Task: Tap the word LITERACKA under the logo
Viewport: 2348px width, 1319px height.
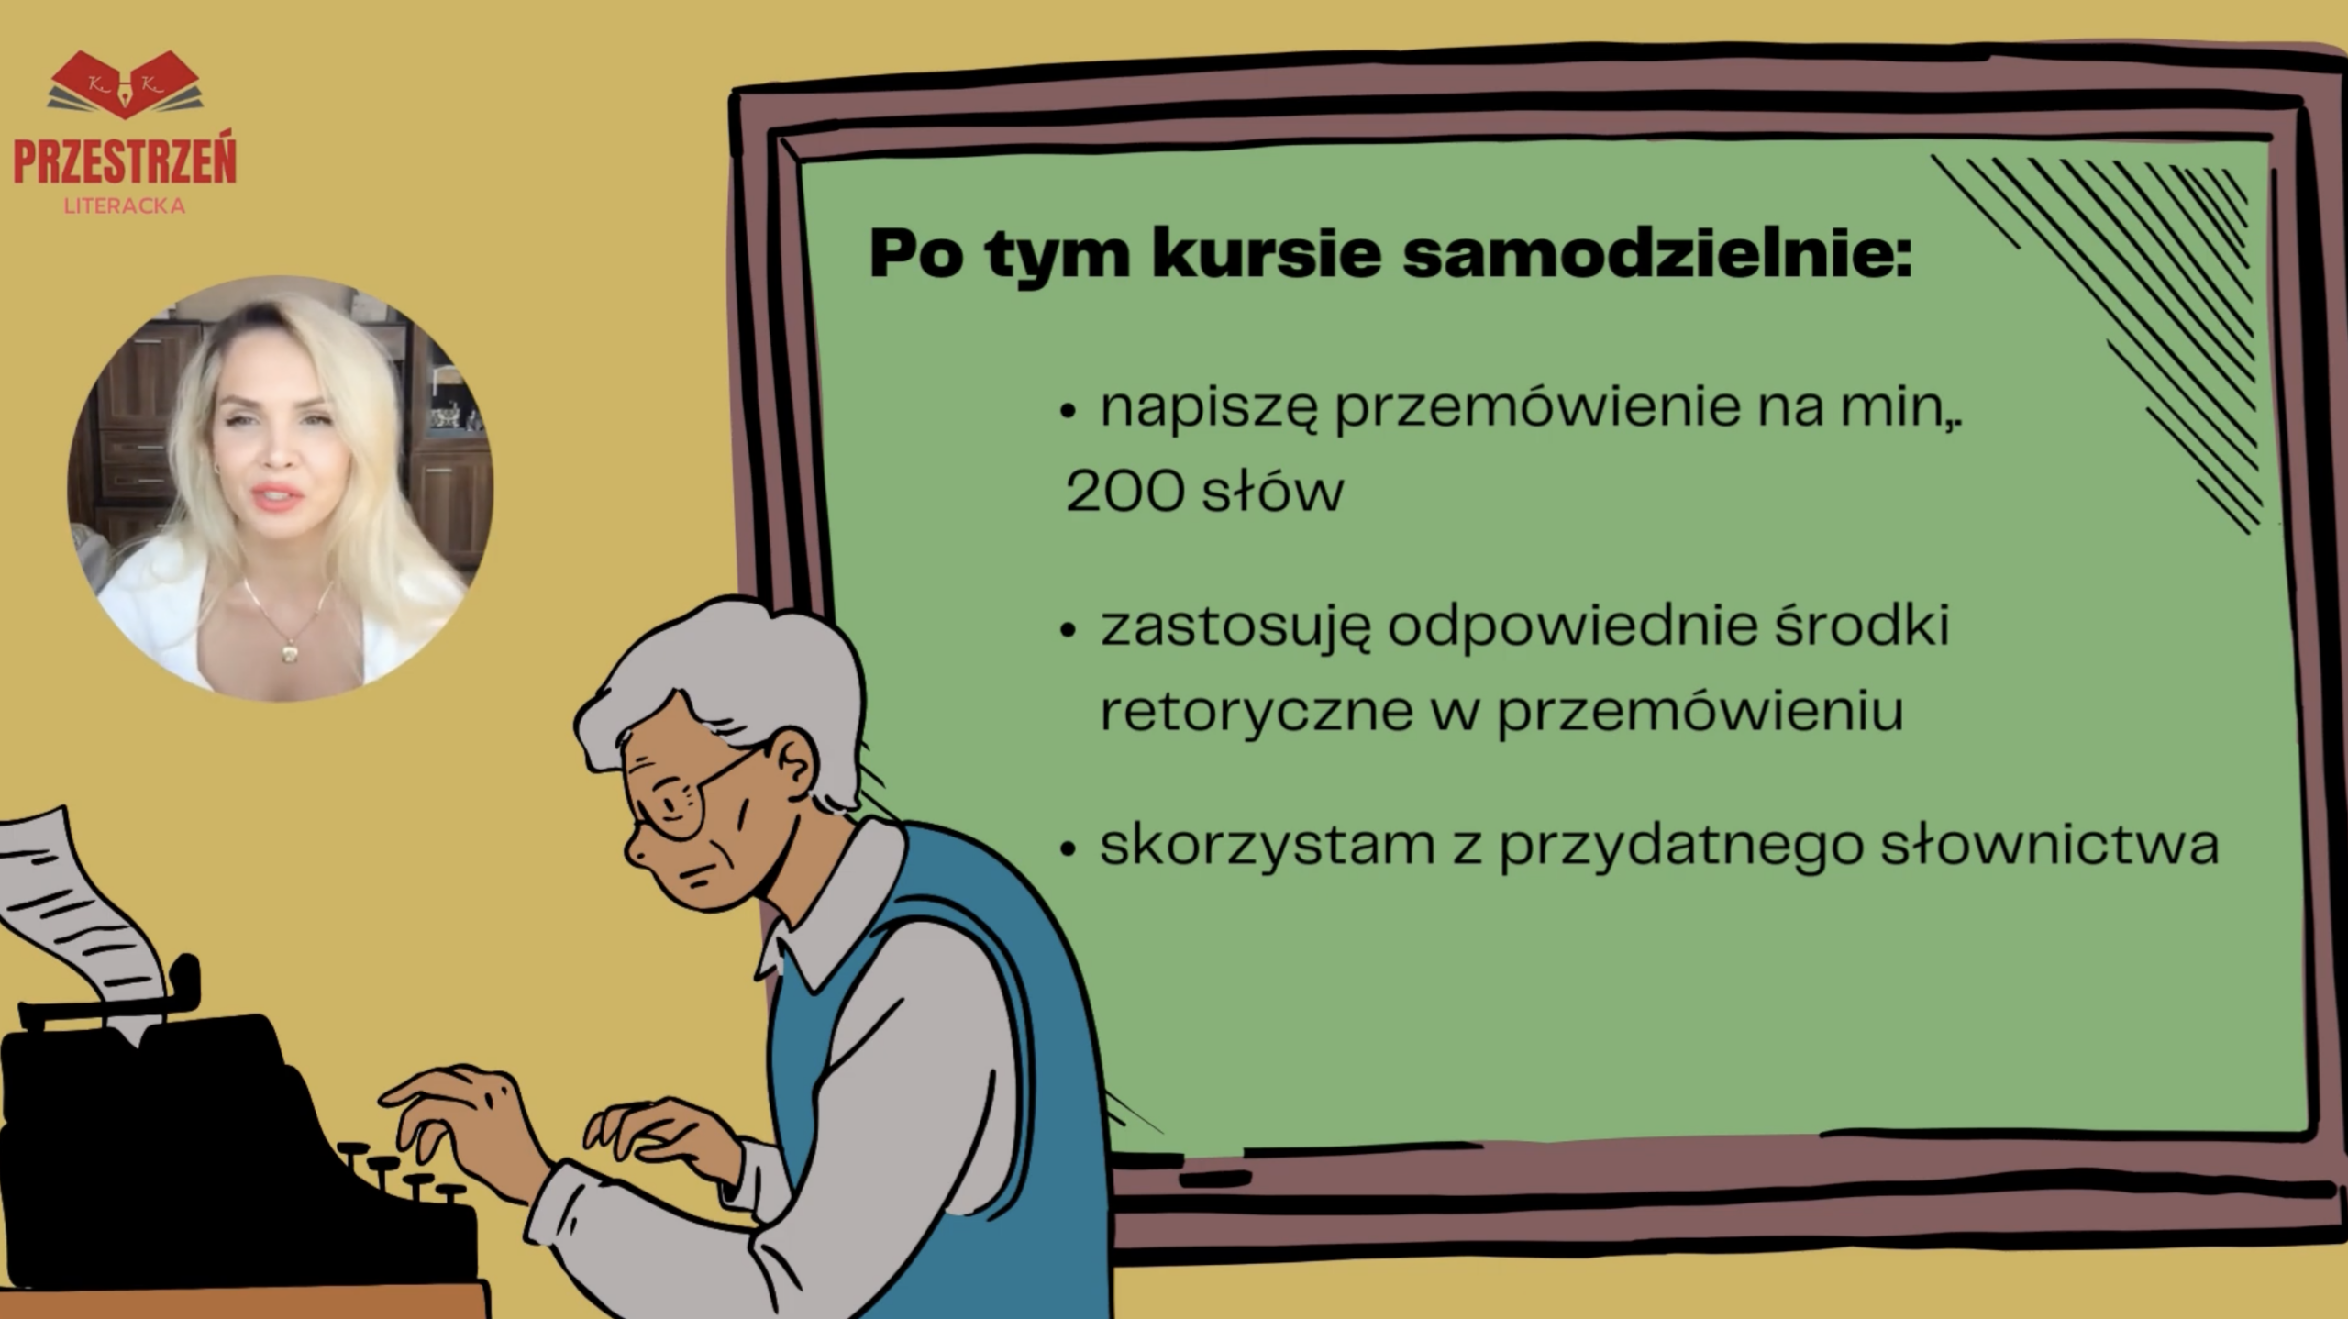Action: [125, 206]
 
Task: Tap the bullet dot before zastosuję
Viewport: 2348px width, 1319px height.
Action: [1067, 630]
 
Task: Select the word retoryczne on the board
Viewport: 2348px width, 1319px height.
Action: [1256, 711]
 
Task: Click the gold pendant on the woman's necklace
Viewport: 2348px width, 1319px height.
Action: [289, 652]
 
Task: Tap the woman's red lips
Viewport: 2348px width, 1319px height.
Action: [279, 496]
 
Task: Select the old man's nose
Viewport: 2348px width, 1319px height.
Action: [637, 848]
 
